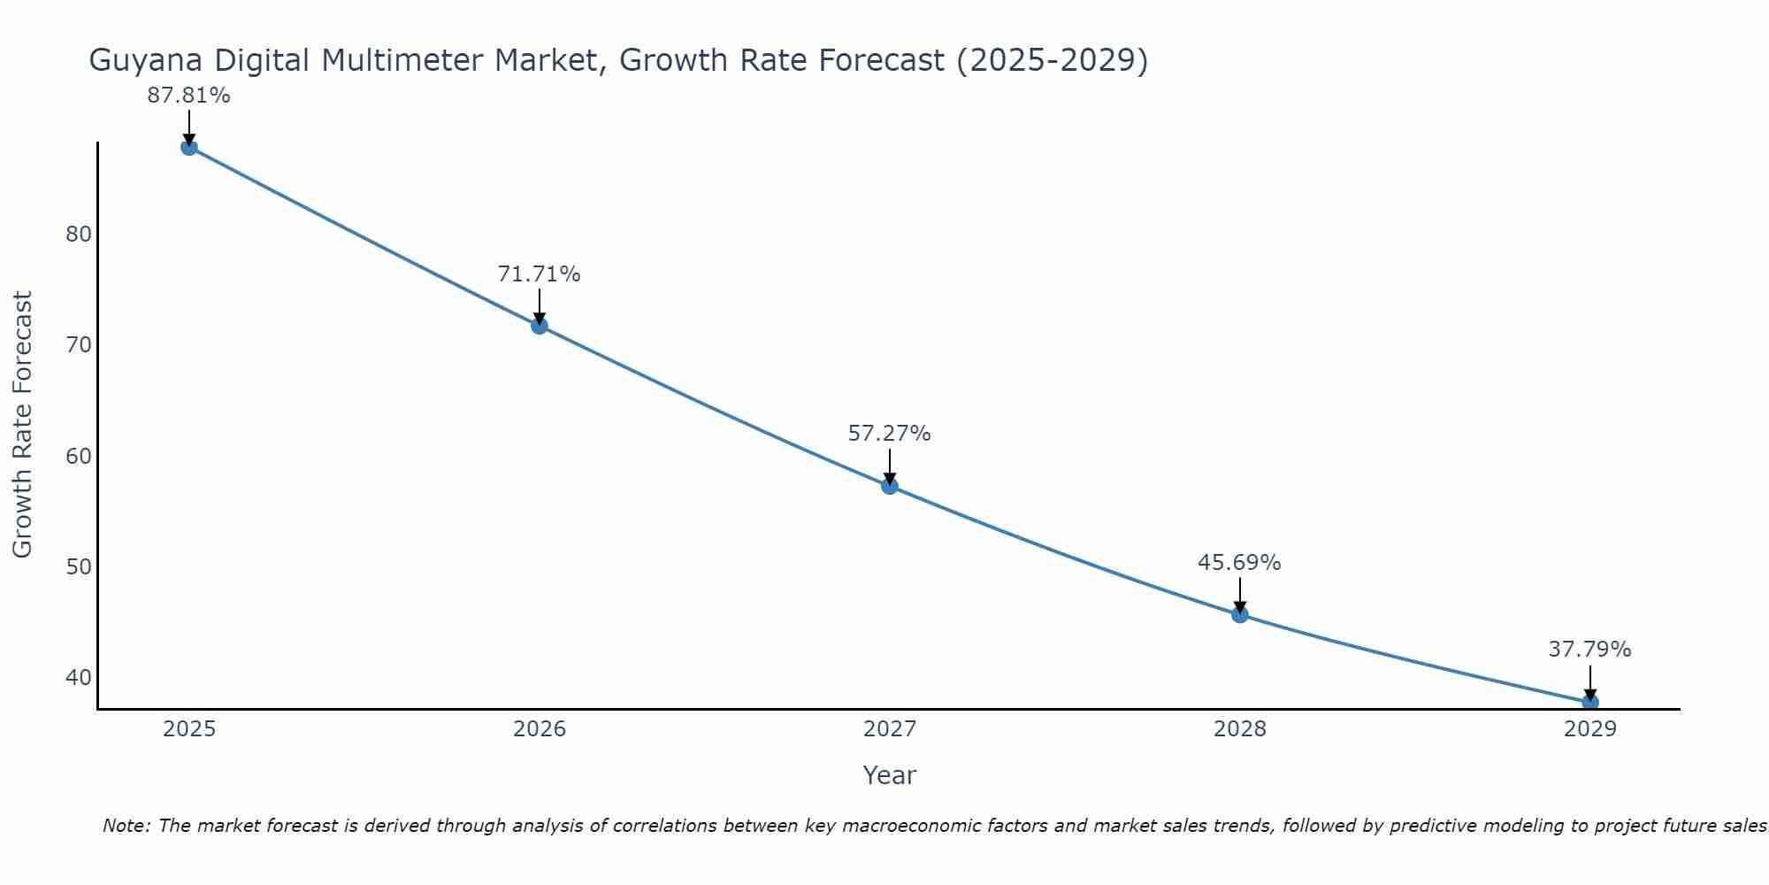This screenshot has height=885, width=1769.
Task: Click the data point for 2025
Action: pos(189,147)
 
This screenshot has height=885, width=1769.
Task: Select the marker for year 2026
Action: pos(540,326)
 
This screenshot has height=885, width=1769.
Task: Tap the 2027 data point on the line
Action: pos(890,486)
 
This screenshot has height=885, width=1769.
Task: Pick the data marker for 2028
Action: pos(1240,614)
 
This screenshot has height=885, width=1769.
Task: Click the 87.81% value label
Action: pos(188,96)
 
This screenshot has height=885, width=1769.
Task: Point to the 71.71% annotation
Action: pos(539,274)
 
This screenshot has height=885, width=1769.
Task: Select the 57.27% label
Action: pos(889,434)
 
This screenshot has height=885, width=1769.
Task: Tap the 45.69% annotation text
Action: pos(1239,563)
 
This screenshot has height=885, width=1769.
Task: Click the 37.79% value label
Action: pos(1589,650)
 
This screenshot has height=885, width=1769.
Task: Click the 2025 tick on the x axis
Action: pos(189,729)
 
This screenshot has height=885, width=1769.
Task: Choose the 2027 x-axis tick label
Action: pos(890,729)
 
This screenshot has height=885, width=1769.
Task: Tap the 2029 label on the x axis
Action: pos(1590,729)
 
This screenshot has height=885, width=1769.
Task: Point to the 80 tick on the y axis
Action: pos(79,235)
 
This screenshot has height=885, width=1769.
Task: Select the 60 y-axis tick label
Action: pos(79,457)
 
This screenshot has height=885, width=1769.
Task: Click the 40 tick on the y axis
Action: pos(79,678)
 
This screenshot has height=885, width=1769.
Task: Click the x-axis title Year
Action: pos(889,775)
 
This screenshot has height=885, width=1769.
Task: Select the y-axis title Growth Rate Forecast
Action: pos(23,425)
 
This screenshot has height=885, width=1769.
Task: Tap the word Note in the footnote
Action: pos(127,827)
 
